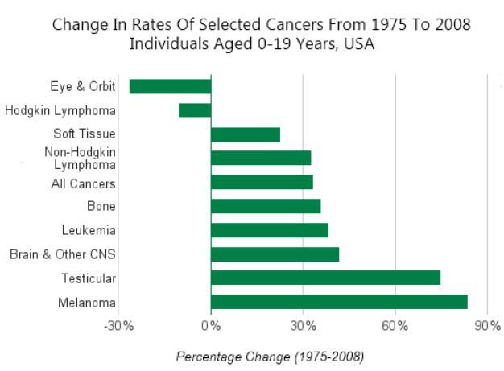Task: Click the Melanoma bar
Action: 339,302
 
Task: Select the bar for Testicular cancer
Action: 325,278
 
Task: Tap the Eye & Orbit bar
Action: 170,86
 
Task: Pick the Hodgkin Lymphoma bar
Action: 195,110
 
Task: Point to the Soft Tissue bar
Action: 246,134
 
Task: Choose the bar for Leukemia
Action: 270,230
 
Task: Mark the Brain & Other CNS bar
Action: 275,254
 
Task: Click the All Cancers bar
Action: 262,182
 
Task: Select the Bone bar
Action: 266,206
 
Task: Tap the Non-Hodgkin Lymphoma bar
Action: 261,158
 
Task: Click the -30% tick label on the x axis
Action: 119,326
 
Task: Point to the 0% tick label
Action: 211,326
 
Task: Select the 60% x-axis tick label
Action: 395,326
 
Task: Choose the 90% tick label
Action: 487,326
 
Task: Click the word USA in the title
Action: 359,44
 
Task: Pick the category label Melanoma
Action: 89,303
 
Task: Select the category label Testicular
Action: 89,278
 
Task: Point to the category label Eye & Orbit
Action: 82,86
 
